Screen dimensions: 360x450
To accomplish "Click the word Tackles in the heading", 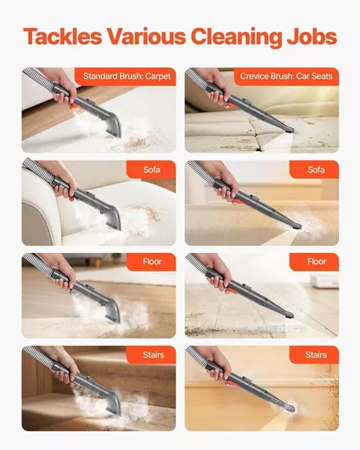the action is [x=63, y=37].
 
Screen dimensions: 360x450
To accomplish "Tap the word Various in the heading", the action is [x=146, y=37].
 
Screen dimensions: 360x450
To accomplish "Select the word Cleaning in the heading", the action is [x=236, y=37].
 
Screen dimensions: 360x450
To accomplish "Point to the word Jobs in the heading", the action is [x=312, y=37].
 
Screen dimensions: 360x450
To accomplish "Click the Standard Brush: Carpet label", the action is [x=127, y=76].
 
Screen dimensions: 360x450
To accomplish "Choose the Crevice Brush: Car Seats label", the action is [x=286, y=76].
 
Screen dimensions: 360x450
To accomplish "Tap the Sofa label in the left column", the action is [x=152, y=170].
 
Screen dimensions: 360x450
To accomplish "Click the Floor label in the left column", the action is [x=152, y=262].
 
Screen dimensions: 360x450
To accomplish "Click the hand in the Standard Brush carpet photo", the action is [x=61, y=86].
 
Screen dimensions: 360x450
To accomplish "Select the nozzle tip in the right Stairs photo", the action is [x=290, y=408].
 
